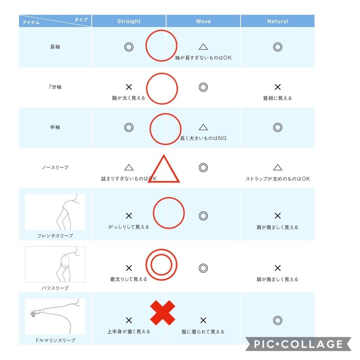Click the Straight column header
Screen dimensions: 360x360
(x=129, y=21)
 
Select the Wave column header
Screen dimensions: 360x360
(x=203, y=21)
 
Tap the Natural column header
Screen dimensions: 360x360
(x=278, y=21)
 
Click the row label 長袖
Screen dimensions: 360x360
(x=55, y=47)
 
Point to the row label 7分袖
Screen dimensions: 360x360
(x=55, y=87)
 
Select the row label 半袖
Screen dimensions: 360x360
(x=55, y=127)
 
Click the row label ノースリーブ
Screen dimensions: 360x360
(x=55, y=167)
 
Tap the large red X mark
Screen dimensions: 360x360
(x=162, y=313)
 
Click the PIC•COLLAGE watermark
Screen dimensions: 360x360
(x=298, y=344)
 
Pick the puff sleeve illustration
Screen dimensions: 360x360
(x=55, y=264)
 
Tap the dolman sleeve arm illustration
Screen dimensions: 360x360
(x=55, y=317)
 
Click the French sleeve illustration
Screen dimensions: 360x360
(x=55, y=212)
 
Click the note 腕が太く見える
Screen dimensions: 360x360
(x=129, y=98)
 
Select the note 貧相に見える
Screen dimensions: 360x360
(x=278, y=98)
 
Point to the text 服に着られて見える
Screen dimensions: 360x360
(x=203, y=332)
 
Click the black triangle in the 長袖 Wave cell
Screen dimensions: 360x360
(x=203, y=47)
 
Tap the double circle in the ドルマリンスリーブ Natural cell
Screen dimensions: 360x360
(x=278, y=320)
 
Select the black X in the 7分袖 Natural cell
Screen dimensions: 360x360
(x=278, y=87)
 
